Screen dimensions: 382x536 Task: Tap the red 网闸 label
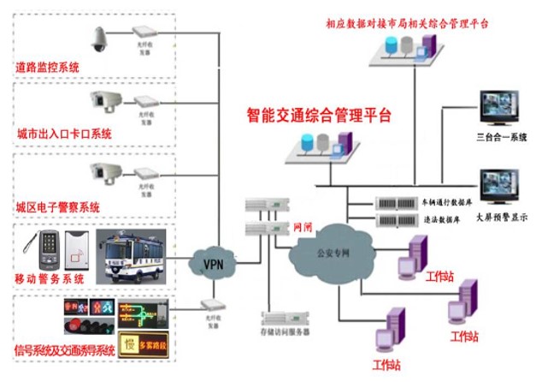[302, 229]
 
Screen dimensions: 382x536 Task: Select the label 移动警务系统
[50, 279]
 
